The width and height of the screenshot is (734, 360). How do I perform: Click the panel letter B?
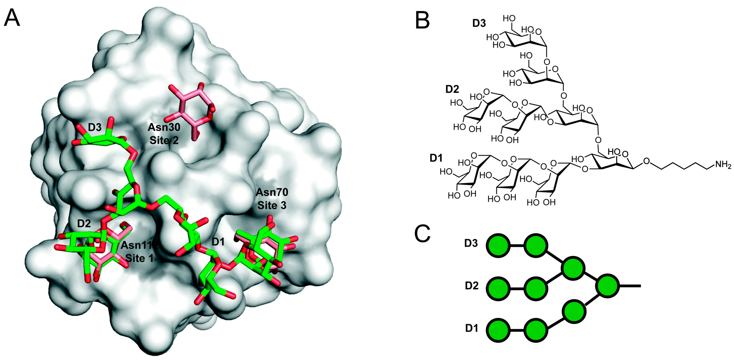pyautogui.click(x=422, y=21)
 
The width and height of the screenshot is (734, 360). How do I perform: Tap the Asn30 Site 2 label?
pyautogui.click(x=164, y=133)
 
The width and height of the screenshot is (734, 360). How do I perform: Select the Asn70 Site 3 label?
pyautogui.click(x=272, y=199)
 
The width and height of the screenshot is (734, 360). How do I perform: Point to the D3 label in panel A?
pyautogui.click(x=95, y=127)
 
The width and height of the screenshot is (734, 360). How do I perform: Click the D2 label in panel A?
pyautogui.click(x=84, y=224)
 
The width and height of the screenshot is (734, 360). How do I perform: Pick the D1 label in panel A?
pyautogui.click(x=218, y=242)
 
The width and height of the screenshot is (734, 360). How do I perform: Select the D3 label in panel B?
pyautogui.click(x=479, y=23)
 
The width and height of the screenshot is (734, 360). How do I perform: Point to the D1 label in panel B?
pyautogui.click(x=436, y=158)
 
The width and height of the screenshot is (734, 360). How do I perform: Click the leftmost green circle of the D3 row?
pyautogui.click(x=499, y=245)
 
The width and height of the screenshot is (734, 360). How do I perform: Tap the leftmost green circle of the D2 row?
pyautogui.click(x=499, y=288)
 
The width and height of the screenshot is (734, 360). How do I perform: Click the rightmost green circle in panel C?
pyautogui.click(x=608, y=286)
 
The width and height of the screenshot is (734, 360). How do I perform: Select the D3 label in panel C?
pyautogui.click(x=471, y=243)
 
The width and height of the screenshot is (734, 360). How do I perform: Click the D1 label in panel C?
pyautogui.click(x=472, y=328)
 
